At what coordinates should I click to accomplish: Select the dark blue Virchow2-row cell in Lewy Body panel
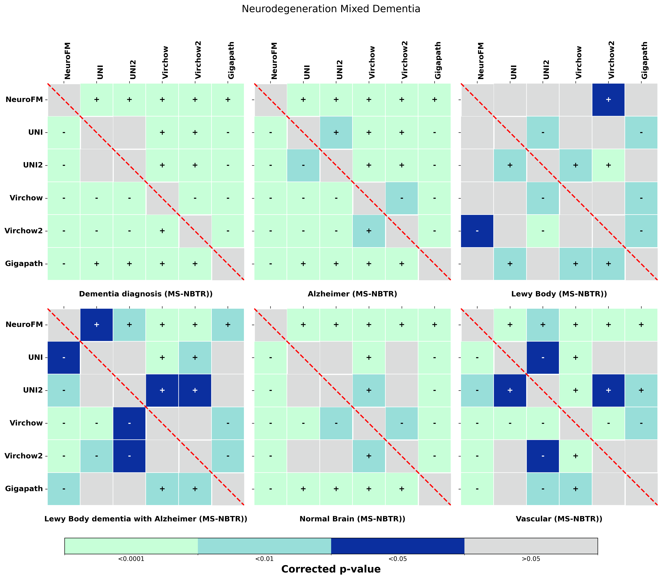tap(477, 231)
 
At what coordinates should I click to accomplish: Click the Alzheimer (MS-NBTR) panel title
tap(352, 294)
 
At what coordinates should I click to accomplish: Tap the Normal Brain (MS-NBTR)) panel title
tap(352, 519)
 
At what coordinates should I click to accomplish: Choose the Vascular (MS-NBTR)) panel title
tap(559, 519)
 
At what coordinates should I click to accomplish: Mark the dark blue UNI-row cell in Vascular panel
tap(542, 357)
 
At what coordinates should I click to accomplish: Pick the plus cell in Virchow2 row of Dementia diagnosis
tap(162, 231)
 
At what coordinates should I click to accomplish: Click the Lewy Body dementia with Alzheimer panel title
tap(146, 519)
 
